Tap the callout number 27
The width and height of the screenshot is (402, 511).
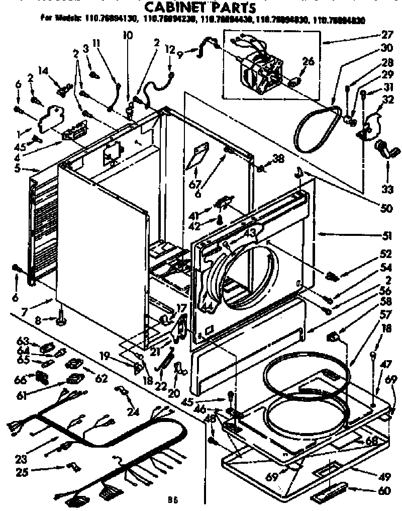pos(386,36)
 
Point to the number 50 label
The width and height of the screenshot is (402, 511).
pos(386,208)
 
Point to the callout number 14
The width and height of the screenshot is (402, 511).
pos(43,71)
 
